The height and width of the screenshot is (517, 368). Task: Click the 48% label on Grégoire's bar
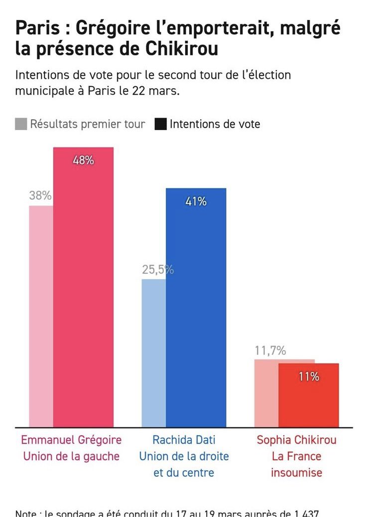(x=83, y=161)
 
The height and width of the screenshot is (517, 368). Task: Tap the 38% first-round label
(x=40, y=196)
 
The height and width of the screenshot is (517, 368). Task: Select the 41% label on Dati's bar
(x=196, y=201)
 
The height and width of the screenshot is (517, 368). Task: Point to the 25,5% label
(x=157, y=270)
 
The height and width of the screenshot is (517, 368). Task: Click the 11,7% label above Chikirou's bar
(x=270, y=350)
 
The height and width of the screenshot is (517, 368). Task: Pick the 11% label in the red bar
(x=308, y=377)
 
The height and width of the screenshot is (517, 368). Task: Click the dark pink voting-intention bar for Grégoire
(x=83, y=299)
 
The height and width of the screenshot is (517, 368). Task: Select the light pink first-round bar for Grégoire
(x=41, y=319)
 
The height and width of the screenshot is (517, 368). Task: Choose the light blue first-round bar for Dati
(x=153, y=354)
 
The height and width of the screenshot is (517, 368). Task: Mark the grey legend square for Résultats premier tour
(x=21, y=124)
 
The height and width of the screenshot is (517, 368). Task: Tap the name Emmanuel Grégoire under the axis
(x=71, y=440)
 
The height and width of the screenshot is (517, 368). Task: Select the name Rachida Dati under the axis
(x=184, y=440)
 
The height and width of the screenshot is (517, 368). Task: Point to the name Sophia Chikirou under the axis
(x=296, y=440)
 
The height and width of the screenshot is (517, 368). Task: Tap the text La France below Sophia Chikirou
(x=296, y=456)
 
